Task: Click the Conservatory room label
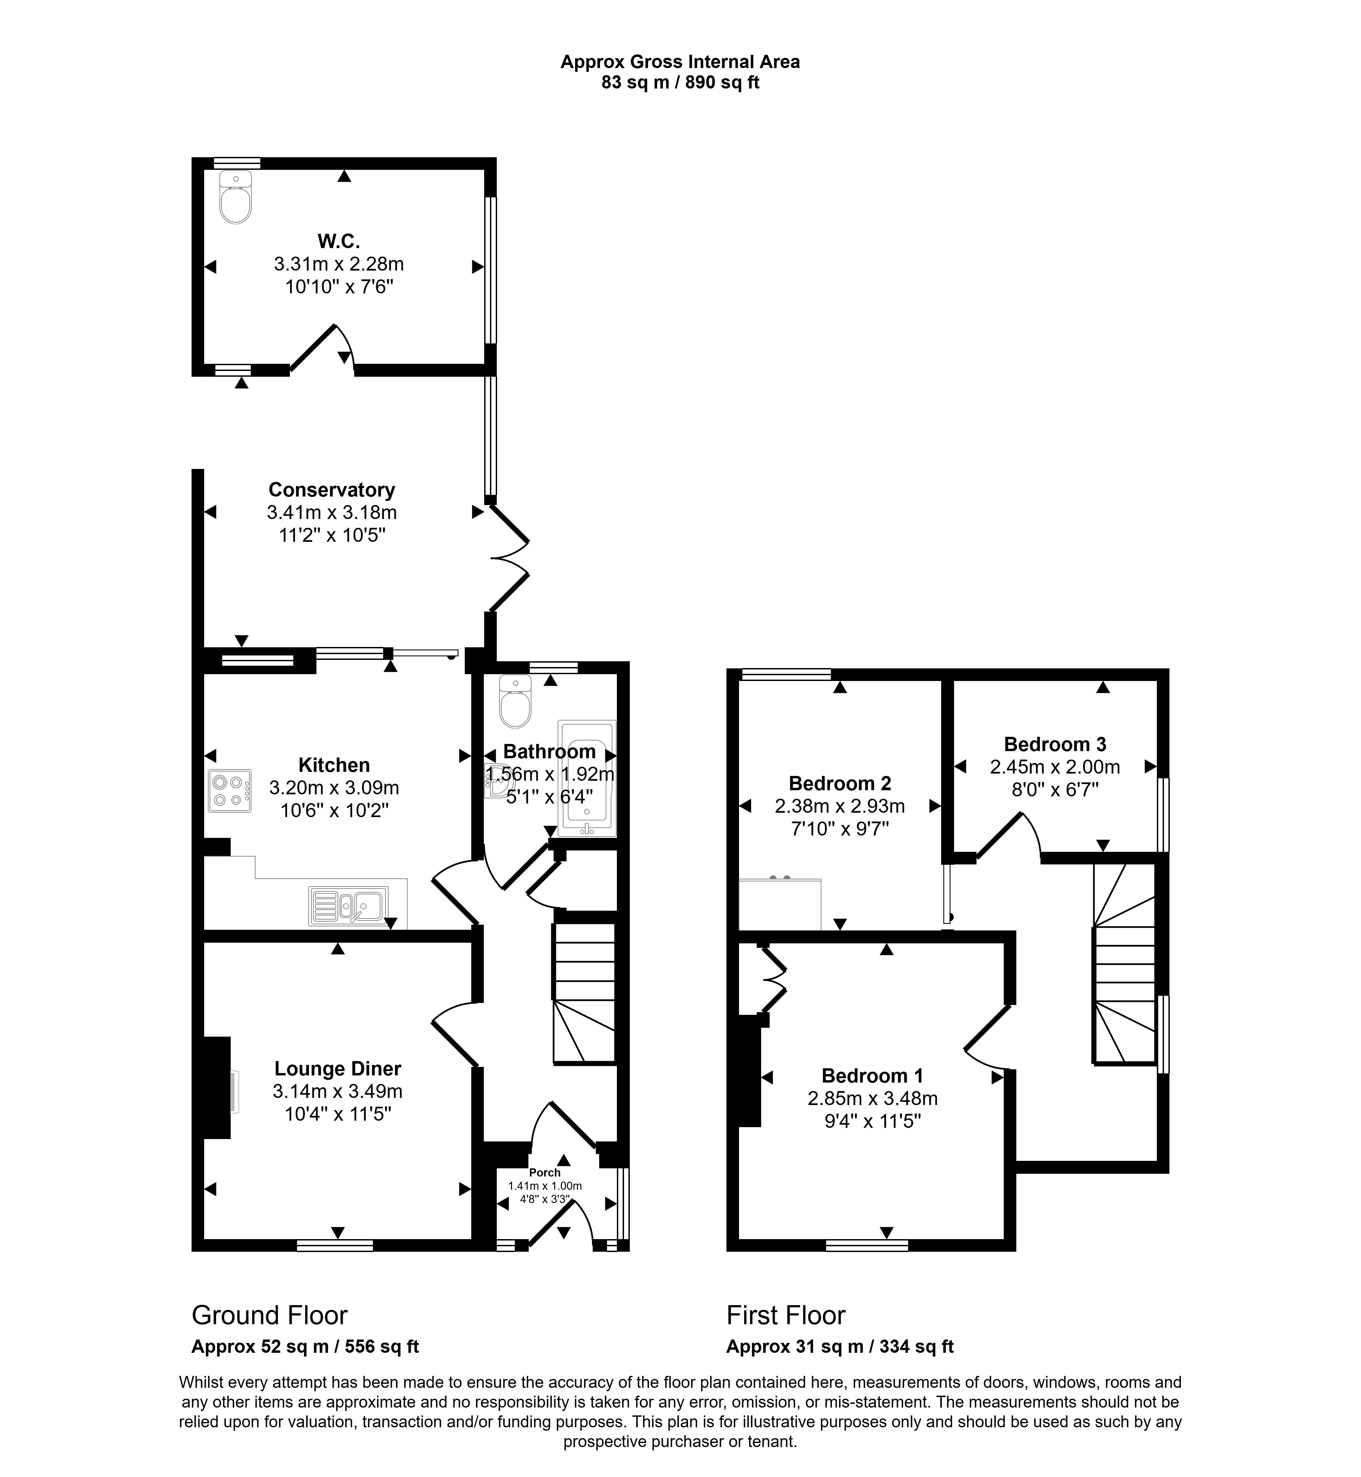coord(331,490)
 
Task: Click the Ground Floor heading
coord(269,1315)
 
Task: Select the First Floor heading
coord(786,1315)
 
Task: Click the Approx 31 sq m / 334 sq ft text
coord(840,1347)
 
